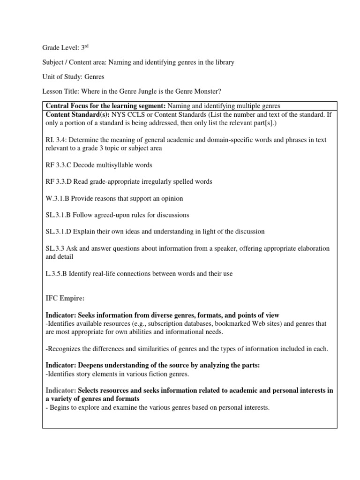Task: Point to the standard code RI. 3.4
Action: coord(56,140)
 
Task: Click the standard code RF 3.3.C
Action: coord(59,165)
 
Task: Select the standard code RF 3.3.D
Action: coord(59,181)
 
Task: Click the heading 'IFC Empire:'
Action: coord(64,298)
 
